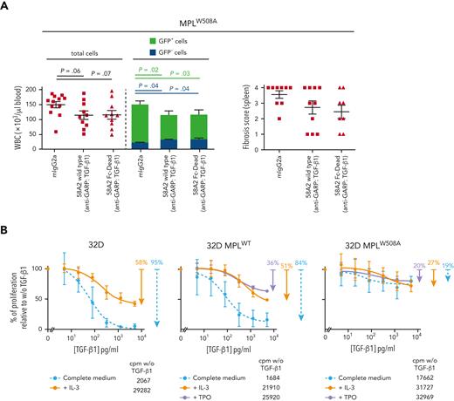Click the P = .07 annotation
point(107,73)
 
